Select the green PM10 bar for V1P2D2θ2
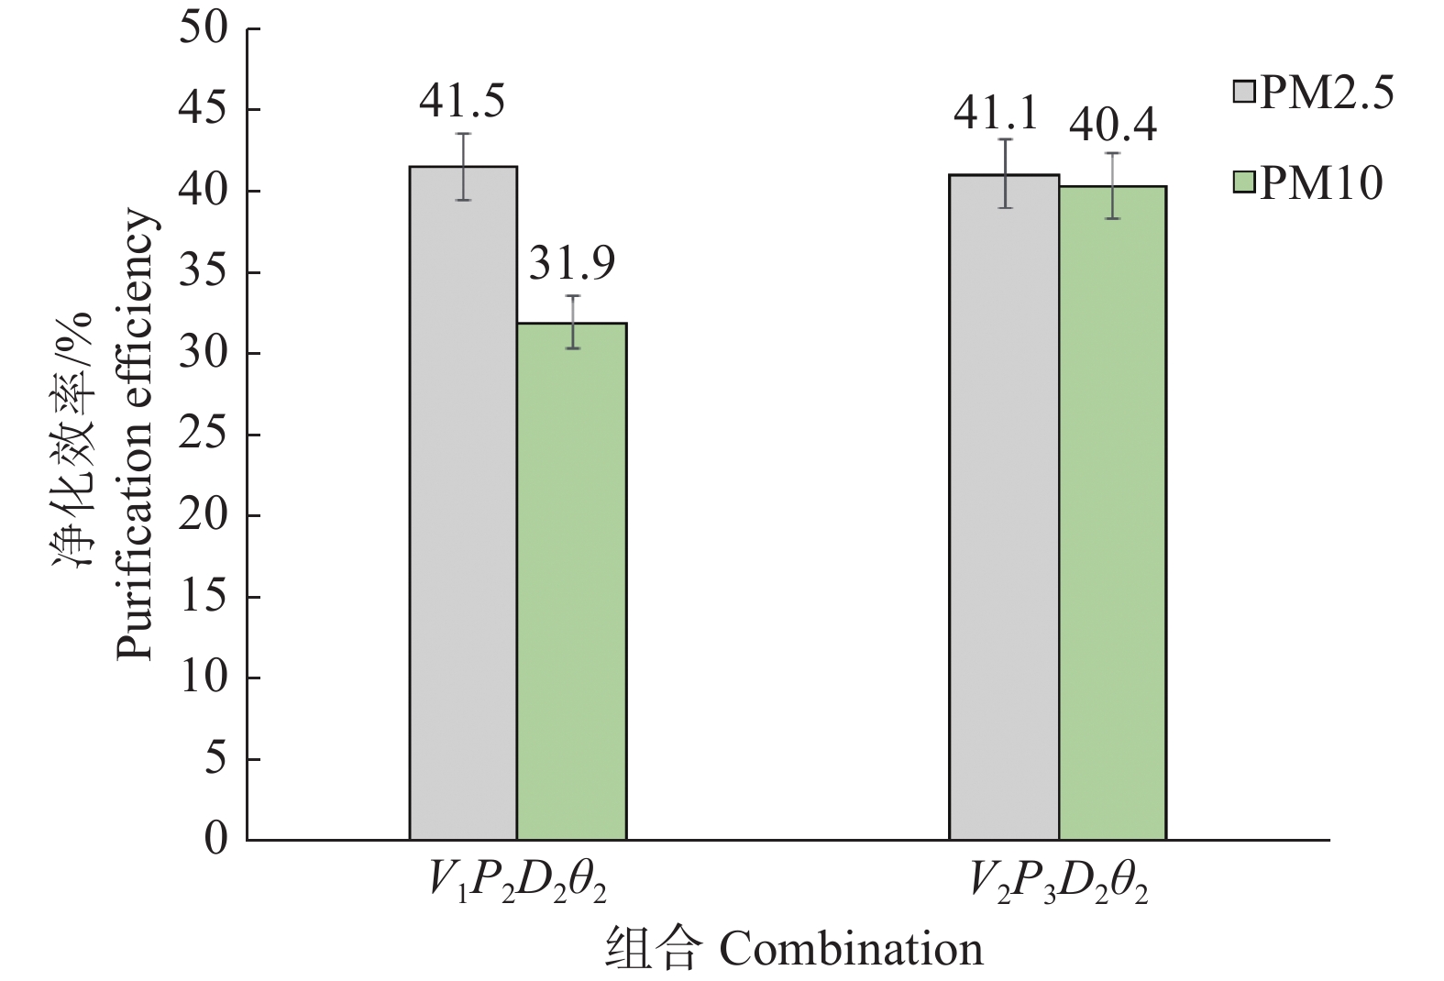(x=571, y=581)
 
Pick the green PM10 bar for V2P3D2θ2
(x=1112, y=513)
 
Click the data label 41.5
(x=462, y=102)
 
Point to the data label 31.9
(x=572, y=264)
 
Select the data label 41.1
(x=996, y=114)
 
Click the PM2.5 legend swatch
(x=1244, y=92)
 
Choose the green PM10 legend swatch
(x=1244, y=182)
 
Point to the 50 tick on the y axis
(x=203, y=29)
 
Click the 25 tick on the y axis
(x=203, y=435)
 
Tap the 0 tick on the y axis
(x=215, y=840)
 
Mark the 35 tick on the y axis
(x=203, y=272)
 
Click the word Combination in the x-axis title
(x=851, y=948)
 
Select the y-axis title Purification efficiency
(x=134, y=435)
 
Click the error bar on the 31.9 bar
(x=572, y=322)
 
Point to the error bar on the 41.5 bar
(x=464, y=166)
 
